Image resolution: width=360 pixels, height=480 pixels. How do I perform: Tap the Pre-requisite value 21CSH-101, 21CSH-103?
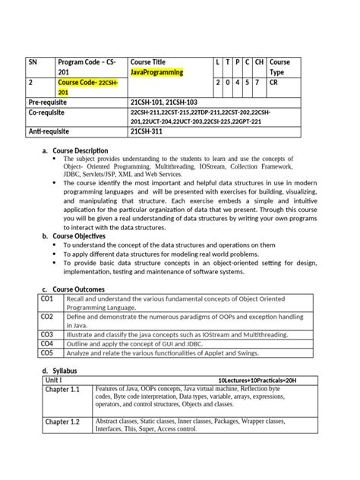[164, 101]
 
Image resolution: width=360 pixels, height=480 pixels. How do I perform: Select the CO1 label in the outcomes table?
[47, 299]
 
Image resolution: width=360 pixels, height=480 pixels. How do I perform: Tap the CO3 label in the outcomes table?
[47, 334]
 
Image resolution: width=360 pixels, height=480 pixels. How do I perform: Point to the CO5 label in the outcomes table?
[47, 352]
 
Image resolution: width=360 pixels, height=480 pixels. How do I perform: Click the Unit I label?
[54, 380]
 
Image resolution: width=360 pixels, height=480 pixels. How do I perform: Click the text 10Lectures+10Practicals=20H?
[257, 380]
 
